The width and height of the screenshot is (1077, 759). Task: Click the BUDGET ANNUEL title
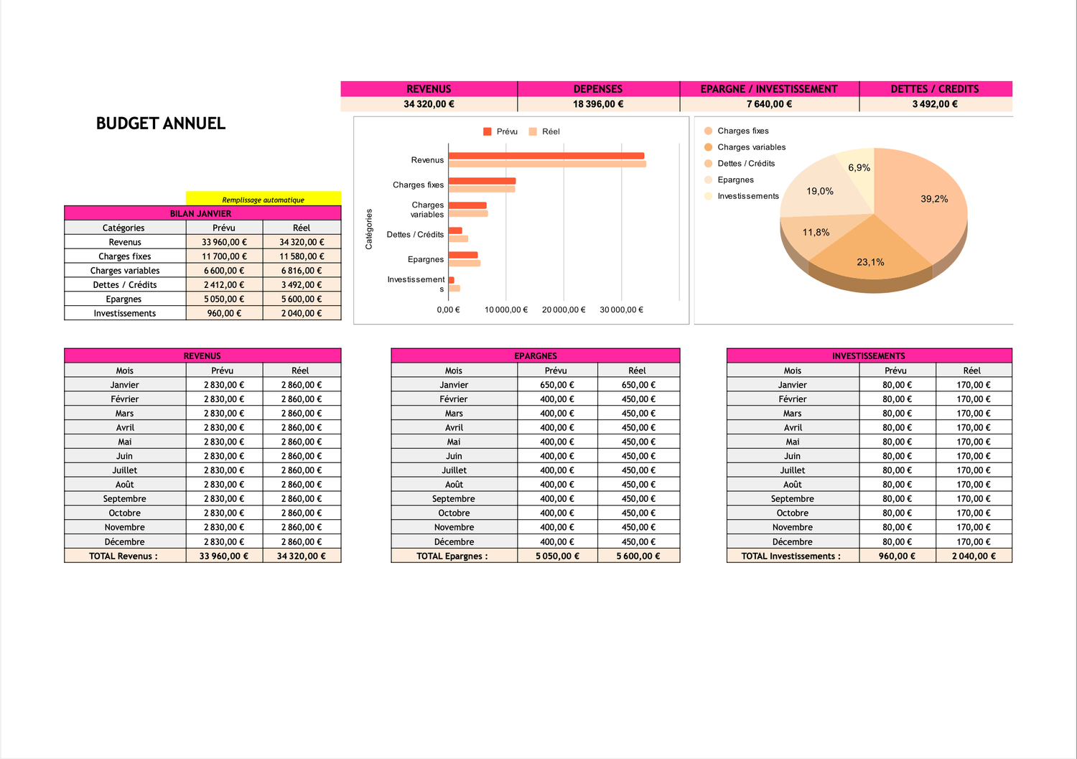tap(161, 124)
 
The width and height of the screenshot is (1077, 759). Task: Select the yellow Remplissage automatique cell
tap(263, 200)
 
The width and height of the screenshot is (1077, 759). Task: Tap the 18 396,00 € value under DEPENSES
tap(598, 104)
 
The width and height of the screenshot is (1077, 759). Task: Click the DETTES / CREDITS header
tap(934, 89)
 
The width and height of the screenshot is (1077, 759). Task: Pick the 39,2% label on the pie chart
tap(934, 199)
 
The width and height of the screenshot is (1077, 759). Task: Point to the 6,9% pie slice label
tap(859, 168)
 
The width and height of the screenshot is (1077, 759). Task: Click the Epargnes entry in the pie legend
tap(735, 180)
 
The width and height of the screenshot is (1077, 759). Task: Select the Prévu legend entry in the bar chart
tap(506, 131)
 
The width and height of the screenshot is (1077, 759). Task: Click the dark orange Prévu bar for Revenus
tap(546, 156)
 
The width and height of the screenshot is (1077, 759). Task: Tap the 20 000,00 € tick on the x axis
tap(564, 310)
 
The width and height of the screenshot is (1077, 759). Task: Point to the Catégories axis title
tap(369, 229)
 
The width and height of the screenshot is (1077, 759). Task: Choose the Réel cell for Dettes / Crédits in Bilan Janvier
tap(302, 285)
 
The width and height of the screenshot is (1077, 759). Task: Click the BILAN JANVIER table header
tap(201, 213)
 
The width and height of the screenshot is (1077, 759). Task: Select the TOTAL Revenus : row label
tap(123, 556)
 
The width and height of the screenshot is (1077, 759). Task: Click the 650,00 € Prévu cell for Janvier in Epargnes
tap(557, 385)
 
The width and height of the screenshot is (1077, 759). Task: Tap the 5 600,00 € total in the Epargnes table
tap(638, 556)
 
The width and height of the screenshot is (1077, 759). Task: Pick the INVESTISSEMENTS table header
tap(868, 356)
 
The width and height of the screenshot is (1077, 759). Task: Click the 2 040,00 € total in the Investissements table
tap(974, 556)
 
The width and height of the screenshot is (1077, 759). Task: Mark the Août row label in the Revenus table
tap(125, 485)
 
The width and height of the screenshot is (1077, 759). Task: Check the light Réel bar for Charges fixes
tap(481, 189)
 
